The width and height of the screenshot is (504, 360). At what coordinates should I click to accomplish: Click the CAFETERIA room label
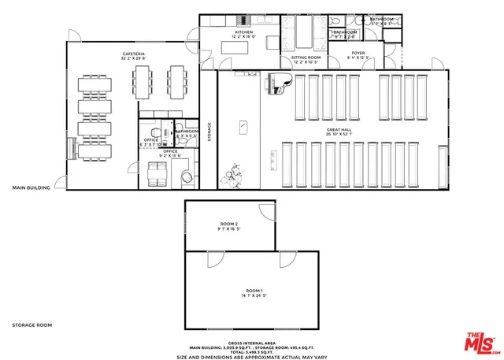pos(133,54)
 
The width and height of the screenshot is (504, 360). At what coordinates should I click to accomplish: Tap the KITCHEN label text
pos(245,32)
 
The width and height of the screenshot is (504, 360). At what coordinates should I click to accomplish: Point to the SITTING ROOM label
pos(306,58)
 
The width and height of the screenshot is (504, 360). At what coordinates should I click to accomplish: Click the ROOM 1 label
pos(251,291)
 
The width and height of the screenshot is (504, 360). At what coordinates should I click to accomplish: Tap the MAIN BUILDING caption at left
pos(31,188)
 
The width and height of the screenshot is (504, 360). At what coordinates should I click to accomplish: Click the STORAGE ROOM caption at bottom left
pos(31,325)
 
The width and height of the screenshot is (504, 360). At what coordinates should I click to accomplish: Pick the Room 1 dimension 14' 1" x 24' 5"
pos(251,297)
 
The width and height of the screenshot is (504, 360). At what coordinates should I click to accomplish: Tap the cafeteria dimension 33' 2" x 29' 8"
pos(133,59)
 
